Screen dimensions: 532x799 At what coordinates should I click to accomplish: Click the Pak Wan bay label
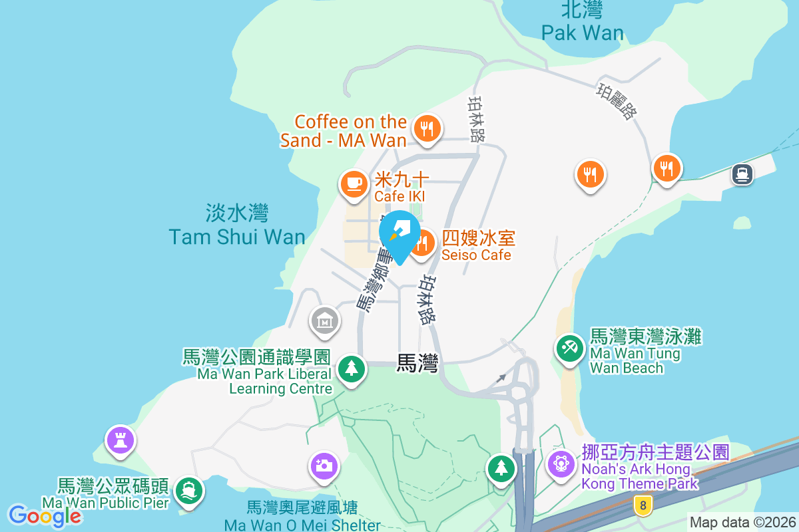tap(583, 22)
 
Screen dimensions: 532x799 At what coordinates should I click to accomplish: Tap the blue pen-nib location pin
tap(400, 235)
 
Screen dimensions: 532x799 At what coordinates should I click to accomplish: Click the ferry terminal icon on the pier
tap(742, 174)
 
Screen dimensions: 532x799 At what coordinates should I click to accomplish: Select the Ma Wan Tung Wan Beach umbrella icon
tap(570, 348)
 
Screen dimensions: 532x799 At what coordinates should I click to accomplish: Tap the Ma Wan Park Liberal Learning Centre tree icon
tap(352, 367)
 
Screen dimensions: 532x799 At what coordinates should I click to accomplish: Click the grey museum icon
tap(325, 321)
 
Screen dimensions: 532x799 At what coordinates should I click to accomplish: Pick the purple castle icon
tap(121, 439)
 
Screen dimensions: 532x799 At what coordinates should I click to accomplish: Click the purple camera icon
tap(324, 465)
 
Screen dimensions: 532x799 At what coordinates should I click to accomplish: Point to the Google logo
tap(45, 516)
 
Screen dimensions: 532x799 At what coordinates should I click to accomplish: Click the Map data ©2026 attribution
tap(742, 522)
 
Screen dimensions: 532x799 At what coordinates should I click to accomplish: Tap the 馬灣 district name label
tap(417, 363)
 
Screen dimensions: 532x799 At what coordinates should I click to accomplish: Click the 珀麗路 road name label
tap(617, 101)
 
